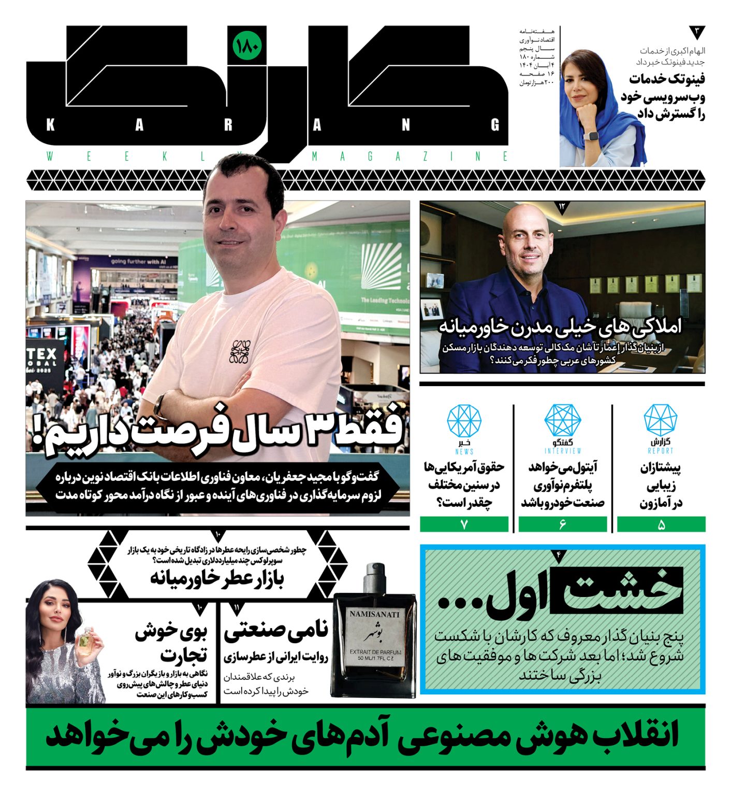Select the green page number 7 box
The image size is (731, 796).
pos(464,524)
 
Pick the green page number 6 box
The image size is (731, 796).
pos(563,524)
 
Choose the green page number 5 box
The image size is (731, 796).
pos(661,524)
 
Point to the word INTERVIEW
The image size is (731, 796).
pos(563,451)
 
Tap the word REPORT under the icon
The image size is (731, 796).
pos(661,451)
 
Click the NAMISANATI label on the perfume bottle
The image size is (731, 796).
pos(374,614)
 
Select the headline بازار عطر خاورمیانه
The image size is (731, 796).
pos(217,578)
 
